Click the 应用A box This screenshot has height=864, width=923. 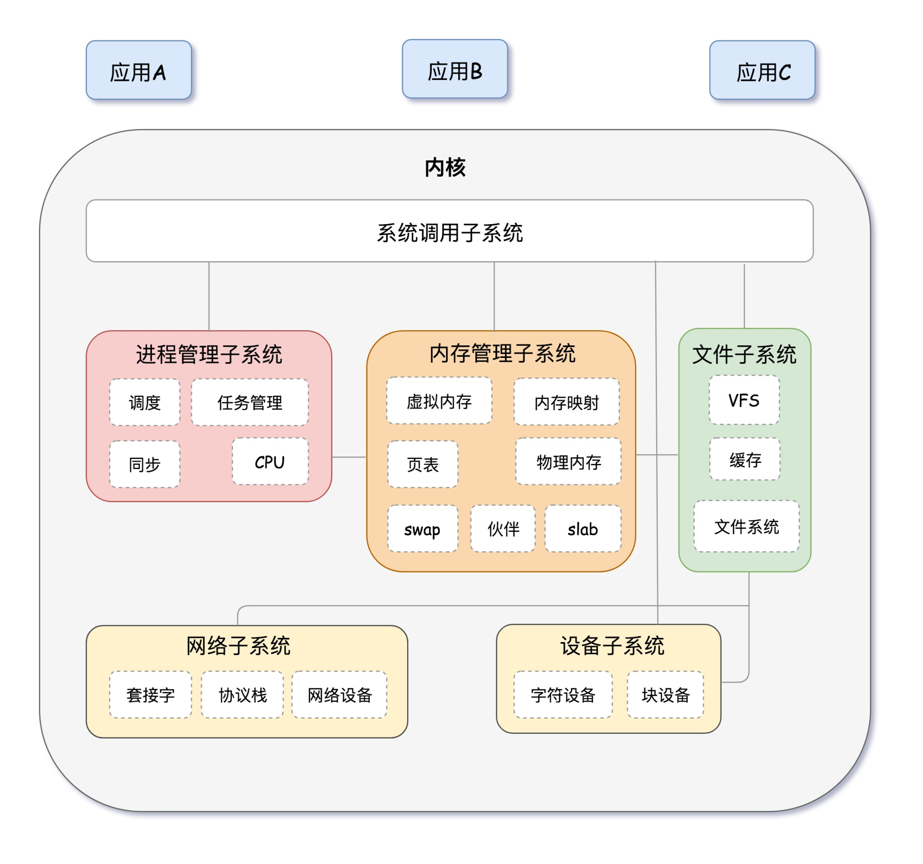(x=138, y=70)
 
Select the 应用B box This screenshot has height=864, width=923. (x=455, y=69)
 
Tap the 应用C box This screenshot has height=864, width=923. (x=762, y=70)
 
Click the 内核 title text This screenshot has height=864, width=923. (x=445, y=167)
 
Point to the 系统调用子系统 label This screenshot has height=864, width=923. (x=449, y=232)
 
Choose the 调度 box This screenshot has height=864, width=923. (x=145, y=402)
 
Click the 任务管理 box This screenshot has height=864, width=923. (x=249, y=402)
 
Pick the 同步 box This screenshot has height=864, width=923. (x=145, y=464)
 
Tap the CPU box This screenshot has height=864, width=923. (x=270, y=462)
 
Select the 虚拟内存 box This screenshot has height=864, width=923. (x=439, y=401)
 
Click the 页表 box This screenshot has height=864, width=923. (x=423, y=464)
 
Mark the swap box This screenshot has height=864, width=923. (x=423, y=529)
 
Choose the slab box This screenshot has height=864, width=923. (x=583, y=529)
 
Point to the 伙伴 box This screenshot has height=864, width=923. (x=503, y=529)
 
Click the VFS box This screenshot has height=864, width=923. (x=744, y=400)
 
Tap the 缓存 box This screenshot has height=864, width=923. (x=745, y=459)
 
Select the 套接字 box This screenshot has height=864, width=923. (x=150, y=695)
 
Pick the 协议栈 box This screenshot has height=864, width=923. (x=242, y=695)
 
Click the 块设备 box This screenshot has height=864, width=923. (x=665, y=695)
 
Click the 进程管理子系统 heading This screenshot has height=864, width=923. (x=209, y=354)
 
